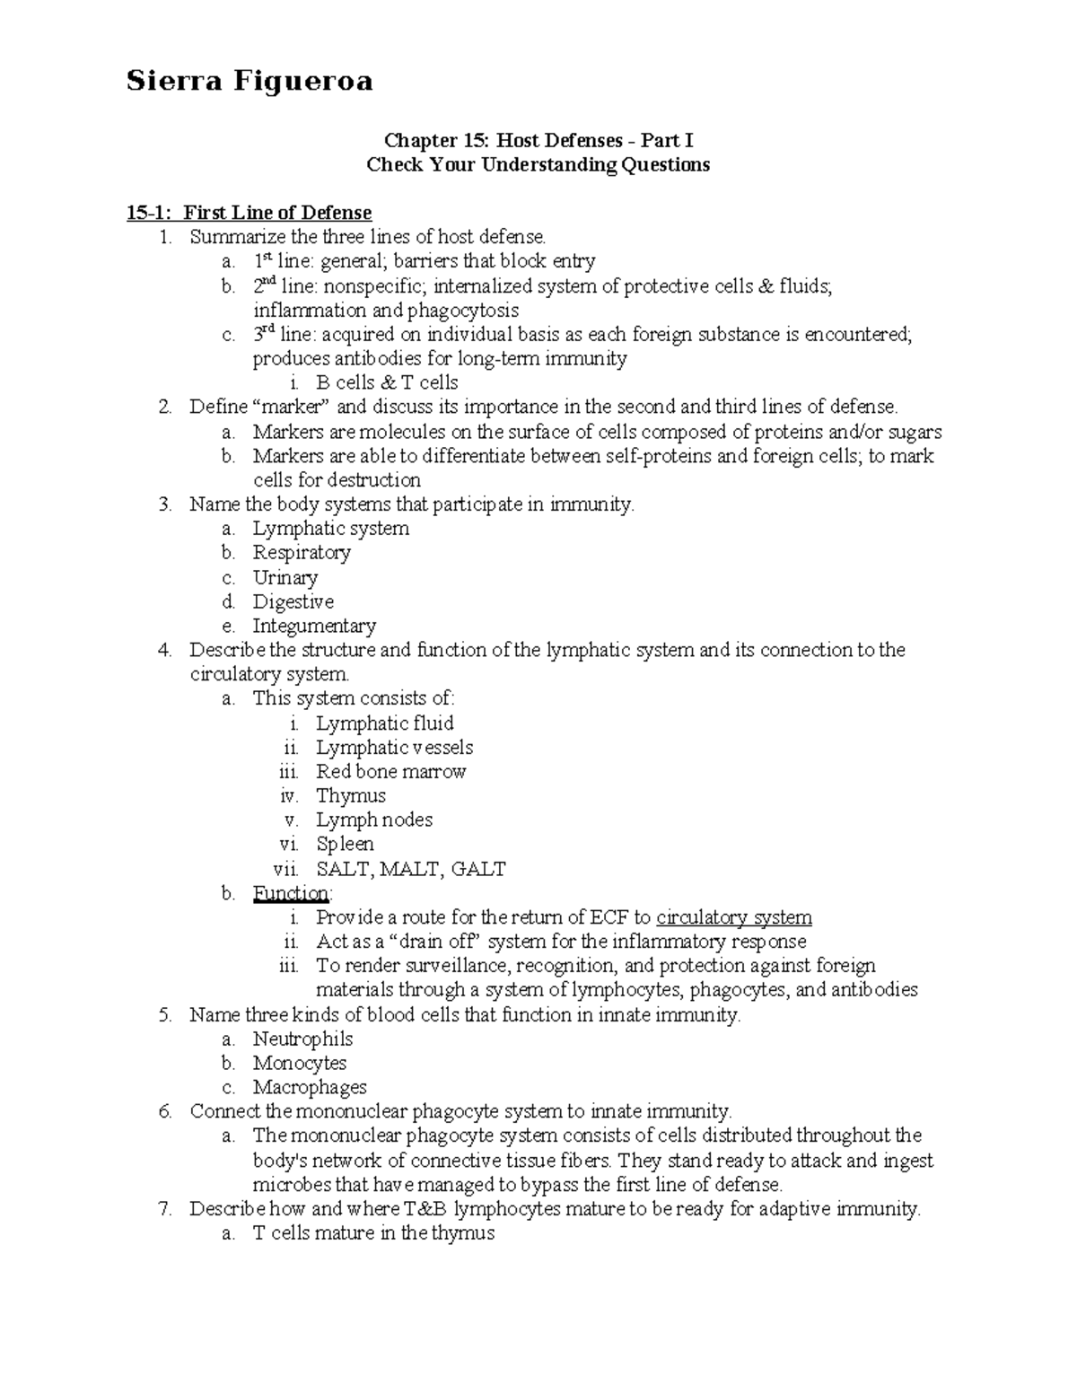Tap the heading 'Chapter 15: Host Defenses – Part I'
tap(538, 140)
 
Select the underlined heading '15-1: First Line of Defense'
tap(249, 213)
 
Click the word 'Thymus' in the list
tap(351, 796)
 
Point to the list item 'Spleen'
tap(345, 845)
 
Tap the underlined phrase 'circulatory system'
tap(733, 917)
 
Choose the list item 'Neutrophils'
tap(302, 1039)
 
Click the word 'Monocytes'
tap(299, 1064)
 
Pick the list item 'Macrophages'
tap(310, 1088)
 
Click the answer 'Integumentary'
tap(313, 627)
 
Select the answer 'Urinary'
tap(285, 578)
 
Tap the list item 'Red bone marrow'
tap(390, 772)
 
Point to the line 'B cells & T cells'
tap(387, 383)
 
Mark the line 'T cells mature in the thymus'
tap(373, 1233)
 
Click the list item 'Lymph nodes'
tap(373, 820)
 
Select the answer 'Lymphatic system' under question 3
tap(330, 529)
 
